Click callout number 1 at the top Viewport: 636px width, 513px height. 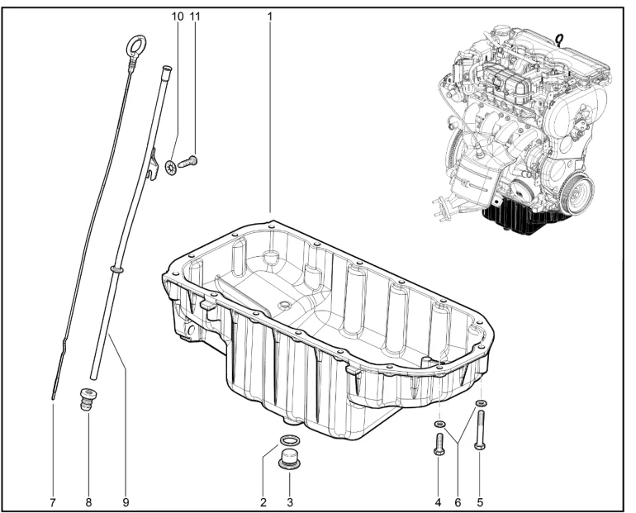(x=270, y=17)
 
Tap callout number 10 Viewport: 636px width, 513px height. (x=178, y=17)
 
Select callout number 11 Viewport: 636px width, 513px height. (x=195, y=17)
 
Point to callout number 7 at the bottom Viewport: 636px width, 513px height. (x=52, y=503)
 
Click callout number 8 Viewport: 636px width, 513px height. (x=89, y=503)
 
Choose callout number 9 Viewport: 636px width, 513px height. (x=126, y=503)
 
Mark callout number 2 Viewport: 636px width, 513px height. (x=263, y=503)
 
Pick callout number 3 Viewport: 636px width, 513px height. (x=290, y=503)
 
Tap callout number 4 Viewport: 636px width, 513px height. (x=438, y=503)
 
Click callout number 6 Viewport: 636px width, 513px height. (x=458, y=503)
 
